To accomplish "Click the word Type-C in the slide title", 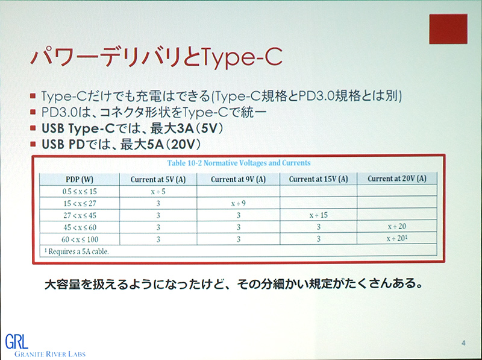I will click(240, 59).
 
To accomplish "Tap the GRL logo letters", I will click(15, 341).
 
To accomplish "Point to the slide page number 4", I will click(463, 343).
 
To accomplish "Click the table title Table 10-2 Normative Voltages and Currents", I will click(240, 163).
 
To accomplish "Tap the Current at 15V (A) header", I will click(318, 179).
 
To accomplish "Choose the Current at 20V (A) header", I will click(397, 179).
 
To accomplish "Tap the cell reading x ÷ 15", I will click(318, 215).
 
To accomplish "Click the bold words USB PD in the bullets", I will click(64, 145).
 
